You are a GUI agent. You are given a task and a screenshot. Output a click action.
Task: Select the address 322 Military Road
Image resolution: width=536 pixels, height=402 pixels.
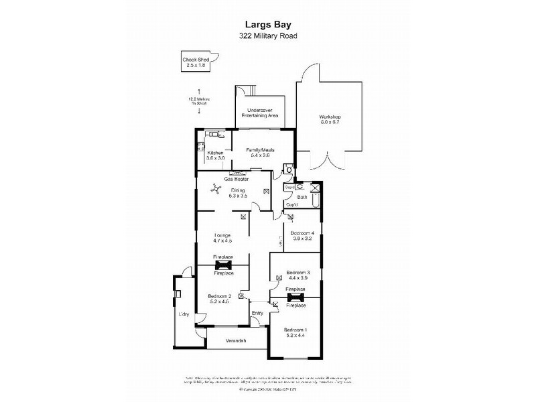click(267, 36)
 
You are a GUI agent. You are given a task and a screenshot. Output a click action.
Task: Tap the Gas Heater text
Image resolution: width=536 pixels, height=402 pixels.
click(237, 180)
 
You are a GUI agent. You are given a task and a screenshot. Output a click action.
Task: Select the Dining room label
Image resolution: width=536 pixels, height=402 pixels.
click(237, 193)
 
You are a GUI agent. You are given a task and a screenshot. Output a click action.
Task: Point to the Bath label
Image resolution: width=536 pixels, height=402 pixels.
click(302, 197)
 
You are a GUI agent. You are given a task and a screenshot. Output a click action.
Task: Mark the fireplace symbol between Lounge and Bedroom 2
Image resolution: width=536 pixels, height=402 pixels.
click(223, 265)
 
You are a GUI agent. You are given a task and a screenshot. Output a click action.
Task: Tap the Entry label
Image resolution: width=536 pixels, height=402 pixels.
click(257, 313)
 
